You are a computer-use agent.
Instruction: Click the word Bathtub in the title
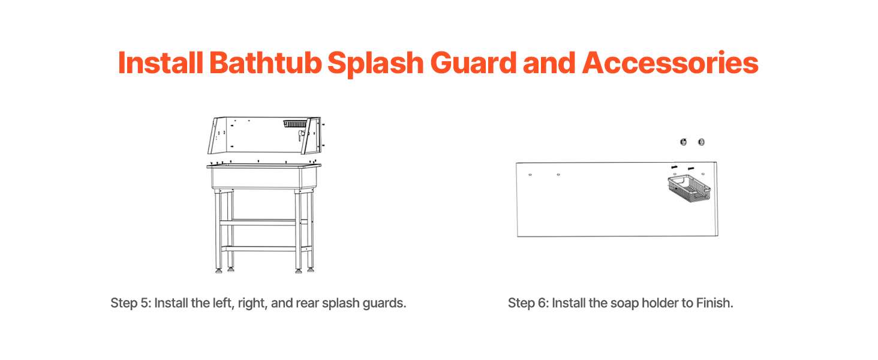click(266, 63)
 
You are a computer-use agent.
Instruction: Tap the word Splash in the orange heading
click(375, 64)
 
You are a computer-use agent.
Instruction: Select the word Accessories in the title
click(670, 63)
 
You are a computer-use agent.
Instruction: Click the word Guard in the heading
click(473, 63)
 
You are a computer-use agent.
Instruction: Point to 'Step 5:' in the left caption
click(131, 303)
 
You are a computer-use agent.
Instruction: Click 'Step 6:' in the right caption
click(528, 303)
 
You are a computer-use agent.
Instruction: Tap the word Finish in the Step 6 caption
click(714, 303)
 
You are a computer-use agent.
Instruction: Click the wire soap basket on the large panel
click(689, 189)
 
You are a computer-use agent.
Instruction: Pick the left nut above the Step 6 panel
click(683, 142)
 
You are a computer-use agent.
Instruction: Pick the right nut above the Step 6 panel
click(701, 142)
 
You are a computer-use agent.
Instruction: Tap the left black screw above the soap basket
click(675, 167)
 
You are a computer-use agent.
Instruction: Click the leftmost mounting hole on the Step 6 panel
click(530, 175)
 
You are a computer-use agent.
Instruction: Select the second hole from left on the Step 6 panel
click(558, 175)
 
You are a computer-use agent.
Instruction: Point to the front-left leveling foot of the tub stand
click(219, 270)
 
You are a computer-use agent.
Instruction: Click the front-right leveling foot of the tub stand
click(299, 270)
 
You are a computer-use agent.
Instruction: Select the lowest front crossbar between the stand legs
click(258, 248)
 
